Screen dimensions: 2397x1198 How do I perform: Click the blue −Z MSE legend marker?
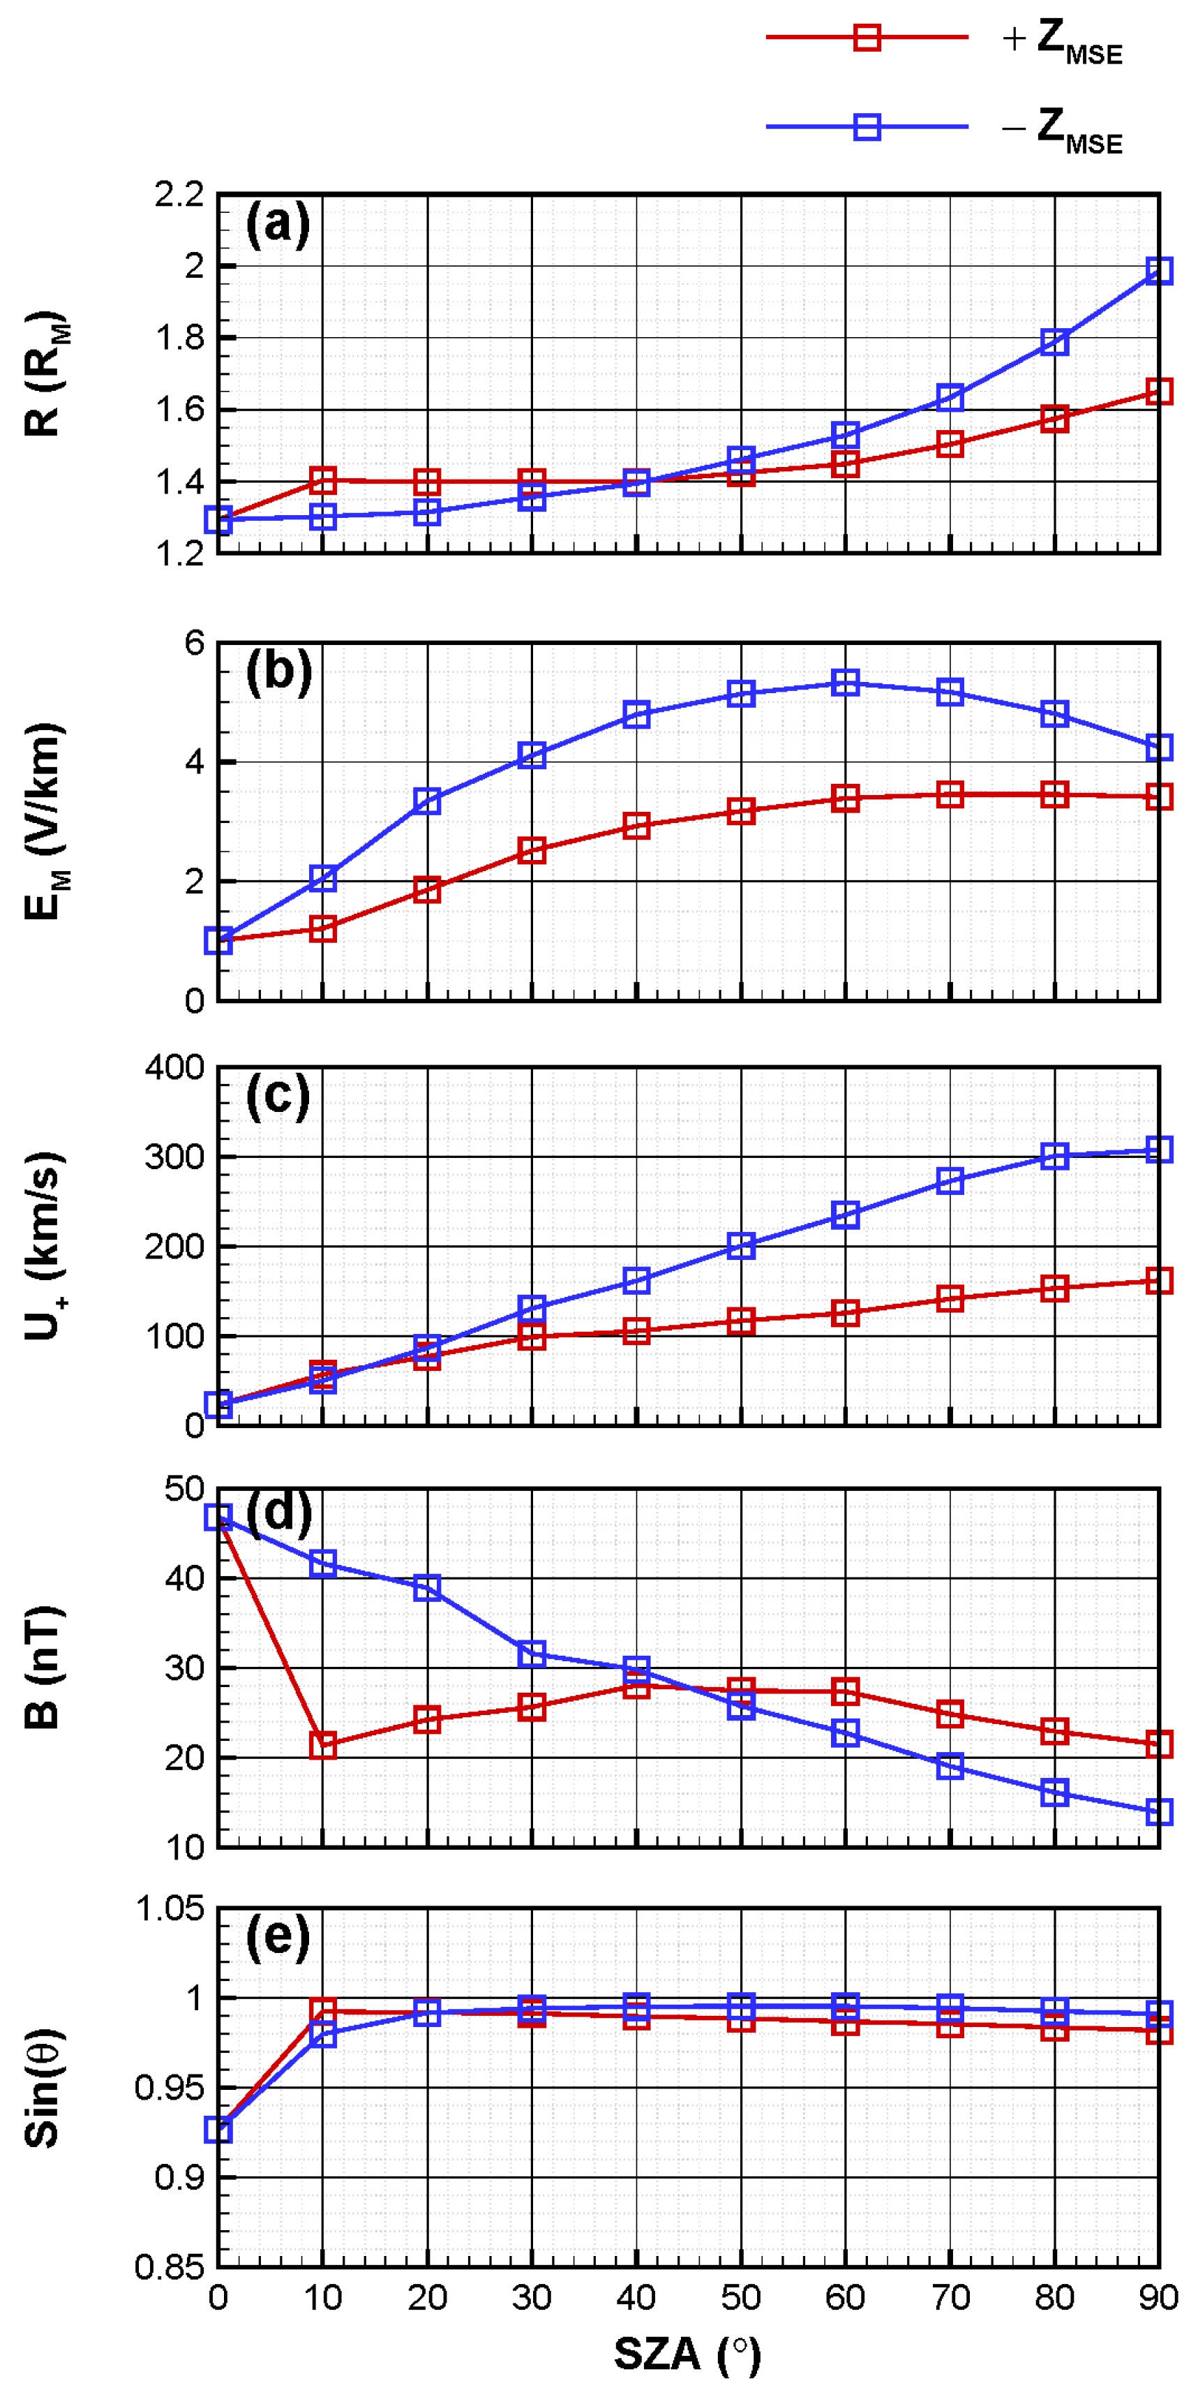(867, 126)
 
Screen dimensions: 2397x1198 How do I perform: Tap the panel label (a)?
(277, 224)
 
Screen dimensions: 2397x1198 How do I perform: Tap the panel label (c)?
(277, 1096)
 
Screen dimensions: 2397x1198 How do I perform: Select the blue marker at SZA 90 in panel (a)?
(1158, 271)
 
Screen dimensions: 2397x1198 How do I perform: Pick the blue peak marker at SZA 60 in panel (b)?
(844, 683)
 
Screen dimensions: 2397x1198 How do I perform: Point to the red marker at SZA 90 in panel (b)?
(1158, 796)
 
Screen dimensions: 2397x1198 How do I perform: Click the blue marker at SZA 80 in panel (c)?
(1054, 1156)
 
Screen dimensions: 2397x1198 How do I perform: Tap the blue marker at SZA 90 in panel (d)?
(1158, 1811)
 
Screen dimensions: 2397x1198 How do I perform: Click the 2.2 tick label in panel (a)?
(179, 195)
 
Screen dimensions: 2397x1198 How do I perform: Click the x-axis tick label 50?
(740, 2299)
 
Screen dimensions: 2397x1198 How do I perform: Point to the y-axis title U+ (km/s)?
(42, 1246)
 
